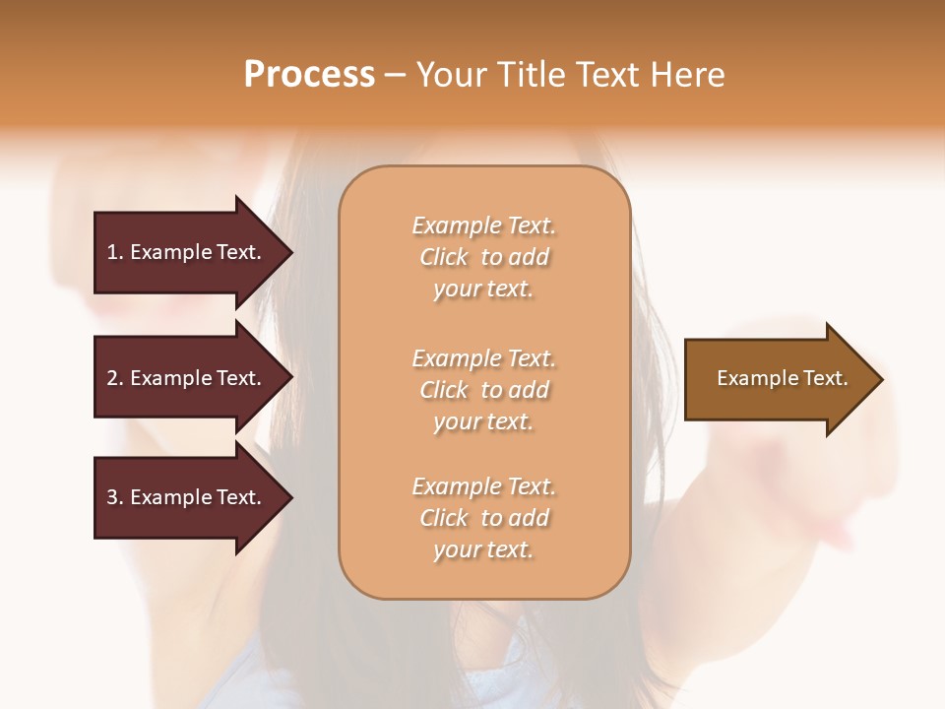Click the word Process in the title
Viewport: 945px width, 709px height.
click(309, 75)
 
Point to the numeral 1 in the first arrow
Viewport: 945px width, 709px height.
click(111, 252)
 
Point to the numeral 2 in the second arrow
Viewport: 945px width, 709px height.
click(112, 378)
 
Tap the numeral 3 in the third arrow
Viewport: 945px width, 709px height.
click(112, 497)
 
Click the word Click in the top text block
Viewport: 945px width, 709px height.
click(444, 258)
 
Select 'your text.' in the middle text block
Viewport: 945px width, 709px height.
click(483, 421)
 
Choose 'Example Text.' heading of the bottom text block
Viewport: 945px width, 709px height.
click(483, 486)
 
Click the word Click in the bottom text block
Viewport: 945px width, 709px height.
click(444, 518)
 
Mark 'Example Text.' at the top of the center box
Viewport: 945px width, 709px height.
click(483, 226)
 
